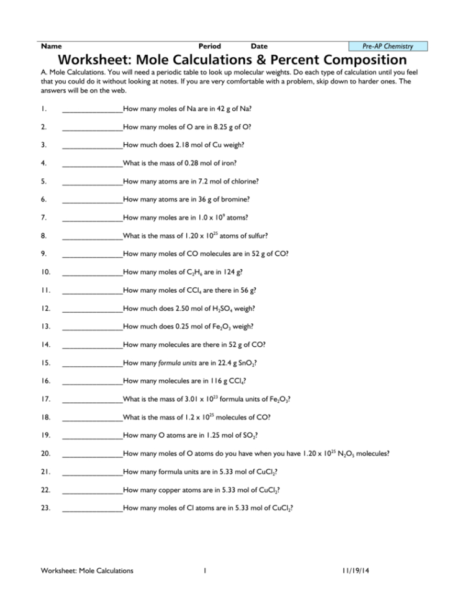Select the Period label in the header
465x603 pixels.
coord(209,47)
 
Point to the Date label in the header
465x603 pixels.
coord(259,47)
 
